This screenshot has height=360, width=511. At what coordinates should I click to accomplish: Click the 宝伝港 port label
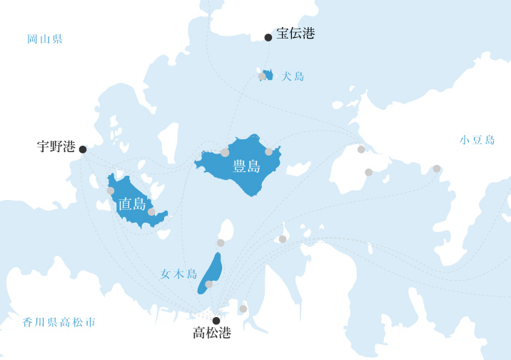pyautogui.click(x=295, y=34)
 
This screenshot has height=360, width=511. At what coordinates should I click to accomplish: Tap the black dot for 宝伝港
pyautogui.click(x=268, y=37)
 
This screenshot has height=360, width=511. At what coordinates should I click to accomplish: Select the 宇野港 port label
pyautogui.click(x=56, y=146)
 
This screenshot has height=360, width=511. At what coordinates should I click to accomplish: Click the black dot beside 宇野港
pyautogui.click(x=83, y=149)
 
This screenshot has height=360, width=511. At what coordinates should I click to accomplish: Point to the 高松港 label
pyautogui.click(x=212, y=333)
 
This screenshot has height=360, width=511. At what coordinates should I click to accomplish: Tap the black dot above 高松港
pyautogui.click(x=216, y=321)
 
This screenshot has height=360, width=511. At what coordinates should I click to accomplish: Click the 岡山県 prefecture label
pyautogui.click(x=45, y=39)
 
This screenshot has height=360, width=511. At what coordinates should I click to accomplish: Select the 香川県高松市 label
pyautogui.click(x=59, y=322)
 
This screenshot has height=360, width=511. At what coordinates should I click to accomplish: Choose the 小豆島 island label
pyautogui.click(x=477, y=140)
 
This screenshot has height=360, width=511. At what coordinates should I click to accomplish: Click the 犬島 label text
pyautogui.click(x=293, y=76)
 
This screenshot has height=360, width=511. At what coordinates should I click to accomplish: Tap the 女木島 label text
pyautogui.click(x=178, y=274)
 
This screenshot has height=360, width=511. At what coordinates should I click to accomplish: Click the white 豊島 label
pyautogui.click(x=246, y=167)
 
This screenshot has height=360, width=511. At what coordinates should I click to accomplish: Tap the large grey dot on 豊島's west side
pyautogui.click(x=225, y=152)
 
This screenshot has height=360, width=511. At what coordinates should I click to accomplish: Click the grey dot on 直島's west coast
pyautogui.click(x=111, y=191)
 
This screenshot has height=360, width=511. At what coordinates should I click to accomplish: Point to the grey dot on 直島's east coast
pyautogui.click(x=151, y=212)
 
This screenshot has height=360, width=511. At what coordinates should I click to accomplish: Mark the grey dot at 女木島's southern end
pyautogui.click(x=208, y=284)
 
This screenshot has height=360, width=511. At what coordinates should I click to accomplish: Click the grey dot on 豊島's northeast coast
pyautogui.click(x=268, y=151)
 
